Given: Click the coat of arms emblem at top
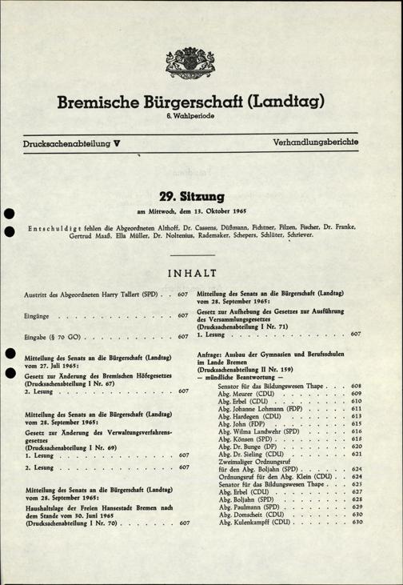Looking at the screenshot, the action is coord(201,60).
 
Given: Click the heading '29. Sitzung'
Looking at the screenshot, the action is coord(201,195).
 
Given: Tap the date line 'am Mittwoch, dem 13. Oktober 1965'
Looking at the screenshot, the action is coord(201,211).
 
